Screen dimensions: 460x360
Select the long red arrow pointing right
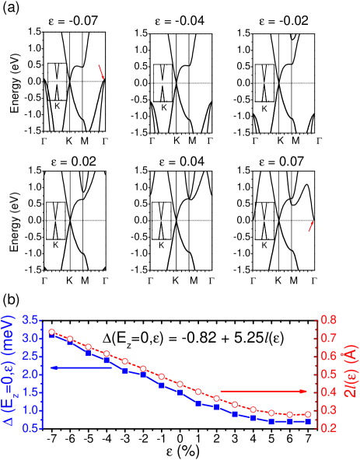264,391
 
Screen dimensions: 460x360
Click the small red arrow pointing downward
101,72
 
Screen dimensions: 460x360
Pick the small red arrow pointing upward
311,226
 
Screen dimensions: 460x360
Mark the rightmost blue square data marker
308,422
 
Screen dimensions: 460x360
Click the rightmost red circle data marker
308,414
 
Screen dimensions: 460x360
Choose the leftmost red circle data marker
51,332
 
